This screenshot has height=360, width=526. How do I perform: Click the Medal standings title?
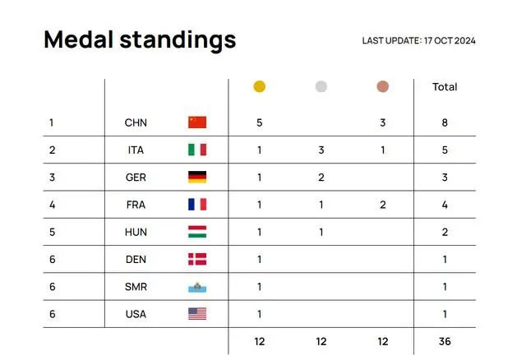[140, 39]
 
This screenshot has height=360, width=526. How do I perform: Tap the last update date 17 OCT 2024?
[418, 41]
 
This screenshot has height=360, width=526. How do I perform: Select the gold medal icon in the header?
[259, 86]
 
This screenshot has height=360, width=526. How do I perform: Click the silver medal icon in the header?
[321, 86]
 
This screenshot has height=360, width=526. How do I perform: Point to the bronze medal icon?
[383, 86]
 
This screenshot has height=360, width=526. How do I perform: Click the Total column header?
[445, 87]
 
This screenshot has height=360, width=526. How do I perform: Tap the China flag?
[197, 122]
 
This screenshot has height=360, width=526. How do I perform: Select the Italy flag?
[197, 150]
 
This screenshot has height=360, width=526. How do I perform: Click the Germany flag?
[197, 177]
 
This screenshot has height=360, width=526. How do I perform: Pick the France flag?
[197, 205]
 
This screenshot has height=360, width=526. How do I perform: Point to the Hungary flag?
[197, 232]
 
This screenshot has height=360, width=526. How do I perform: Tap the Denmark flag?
[197, 259]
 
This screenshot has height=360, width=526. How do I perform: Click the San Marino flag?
[197, 287]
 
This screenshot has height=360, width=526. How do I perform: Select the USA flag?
[197, 313]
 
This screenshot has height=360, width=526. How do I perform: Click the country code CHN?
[136, 122]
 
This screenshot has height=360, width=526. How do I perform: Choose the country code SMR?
[136, 287]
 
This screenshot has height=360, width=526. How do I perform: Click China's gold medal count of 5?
[259, 122]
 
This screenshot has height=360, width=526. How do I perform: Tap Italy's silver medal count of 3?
[321, 150]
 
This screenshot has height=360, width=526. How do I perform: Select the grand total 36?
[445, 341]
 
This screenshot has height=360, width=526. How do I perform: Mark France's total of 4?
[445, 205]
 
